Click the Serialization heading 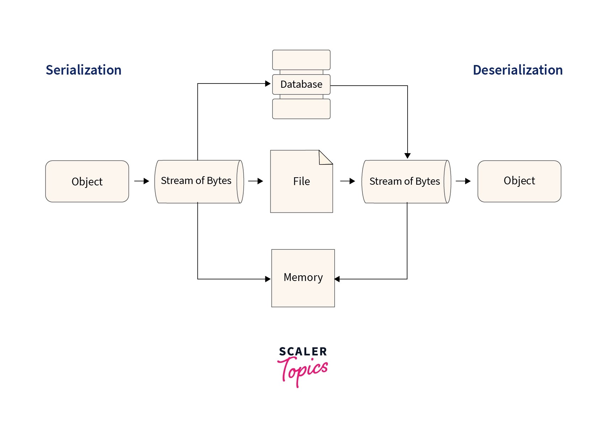pyautogui.click(x=84, y=70)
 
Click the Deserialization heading pyautogui.click(x=518, y=70)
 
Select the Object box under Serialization pyautogui.click(x=87, y=182)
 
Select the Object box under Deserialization pyautogui.click(x=519, y=181)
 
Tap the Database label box pyautogui.click(x=301, y=85)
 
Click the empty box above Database pyautogui.click(x=301, y=60)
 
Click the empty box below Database pyautogui.click(x=301, y=109)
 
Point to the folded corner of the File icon pyautogui.click(x=325, y=158)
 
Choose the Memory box pyautogui.click(x=303, y=278)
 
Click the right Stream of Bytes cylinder pyautogui.click(x=405, y=182)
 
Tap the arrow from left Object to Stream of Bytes pyautogui.click(x=142, y=181)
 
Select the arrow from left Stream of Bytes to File pyautogui.click(x=255, y=181)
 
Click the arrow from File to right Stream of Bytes pyautogui.click(x=347, y=181)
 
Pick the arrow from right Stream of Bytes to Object pyautogui.click(x=463, y=181)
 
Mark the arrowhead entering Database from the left pyautogui.click(x=268, y=84)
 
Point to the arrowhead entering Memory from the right pyautogui.click(x=337, y=279)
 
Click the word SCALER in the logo pyautogui.click(x=303, y=352)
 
